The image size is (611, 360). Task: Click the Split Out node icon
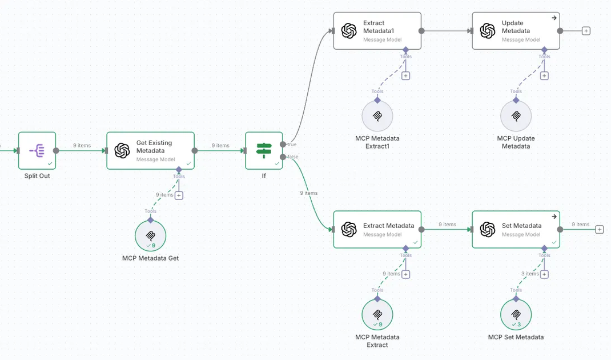(37, 151)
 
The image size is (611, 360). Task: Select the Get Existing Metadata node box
(150, 151)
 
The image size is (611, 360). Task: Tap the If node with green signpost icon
(264, 151)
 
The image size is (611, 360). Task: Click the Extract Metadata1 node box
(377, 31)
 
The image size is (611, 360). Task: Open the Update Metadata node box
(516, 31)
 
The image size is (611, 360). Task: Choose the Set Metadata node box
(516, 230)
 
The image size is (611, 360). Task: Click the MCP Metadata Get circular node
(150, 235)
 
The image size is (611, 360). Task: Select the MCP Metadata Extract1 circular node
(377, 116)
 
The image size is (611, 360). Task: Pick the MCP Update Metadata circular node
(516, 116)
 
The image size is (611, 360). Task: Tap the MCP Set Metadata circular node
(516, 315)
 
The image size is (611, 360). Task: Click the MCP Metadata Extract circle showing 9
(377, 315)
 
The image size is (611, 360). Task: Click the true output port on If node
(283, 145)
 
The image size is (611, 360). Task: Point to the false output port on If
(283, 157)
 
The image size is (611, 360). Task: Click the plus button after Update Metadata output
(586, 31)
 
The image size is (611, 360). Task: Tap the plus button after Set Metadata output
(599, 230)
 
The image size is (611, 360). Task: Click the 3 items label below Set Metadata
(530, 274)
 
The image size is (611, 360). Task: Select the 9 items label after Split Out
(82, 146)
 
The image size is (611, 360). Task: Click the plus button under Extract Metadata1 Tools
(406, 75)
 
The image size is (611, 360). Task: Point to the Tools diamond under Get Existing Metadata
(179, 170)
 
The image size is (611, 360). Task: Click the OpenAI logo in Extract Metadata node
(349, 230)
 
